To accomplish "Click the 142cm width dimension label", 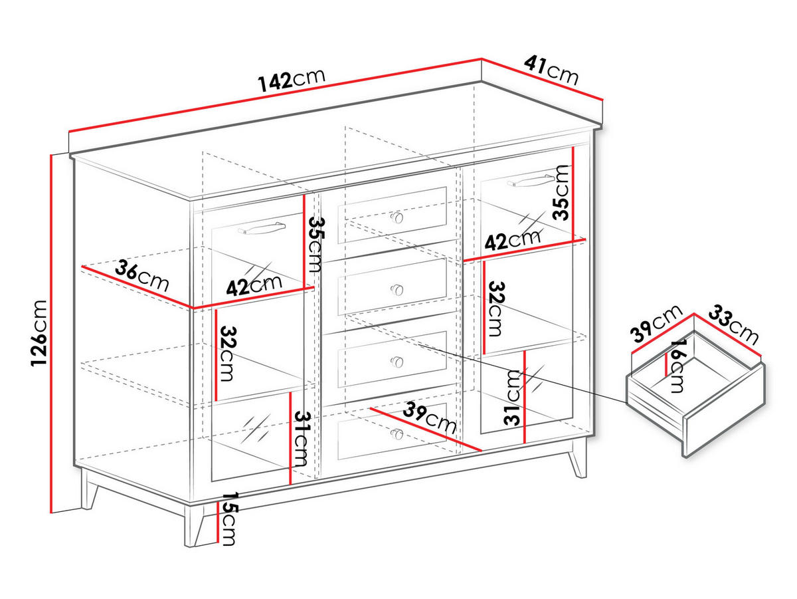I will [292, 79].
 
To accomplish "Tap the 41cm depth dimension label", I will [551, 69].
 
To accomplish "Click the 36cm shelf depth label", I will [141, 277].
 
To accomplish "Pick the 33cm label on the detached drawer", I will [734, 325].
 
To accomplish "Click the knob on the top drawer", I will [397, 217].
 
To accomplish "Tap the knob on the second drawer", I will [397, 289].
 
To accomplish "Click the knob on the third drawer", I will [397, 361].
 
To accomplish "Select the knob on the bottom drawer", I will [397, 433].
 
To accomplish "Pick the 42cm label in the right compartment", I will [511, 240].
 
